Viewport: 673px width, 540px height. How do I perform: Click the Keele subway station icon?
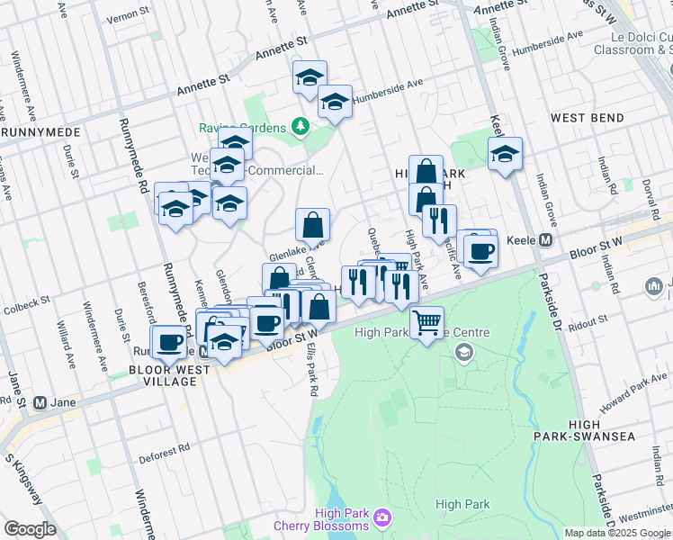545,240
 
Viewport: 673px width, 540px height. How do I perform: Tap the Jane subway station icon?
40,402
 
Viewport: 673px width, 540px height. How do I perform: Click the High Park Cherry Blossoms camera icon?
382,517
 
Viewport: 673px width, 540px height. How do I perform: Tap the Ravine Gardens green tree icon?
301,128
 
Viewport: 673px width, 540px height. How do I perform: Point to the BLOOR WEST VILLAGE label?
163,375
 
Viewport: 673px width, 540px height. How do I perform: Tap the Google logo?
30,528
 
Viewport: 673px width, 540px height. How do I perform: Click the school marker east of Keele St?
505,154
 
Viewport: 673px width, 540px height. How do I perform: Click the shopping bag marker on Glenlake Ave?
311,223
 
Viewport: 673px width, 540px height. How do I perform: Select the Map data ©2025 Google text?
616,533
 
